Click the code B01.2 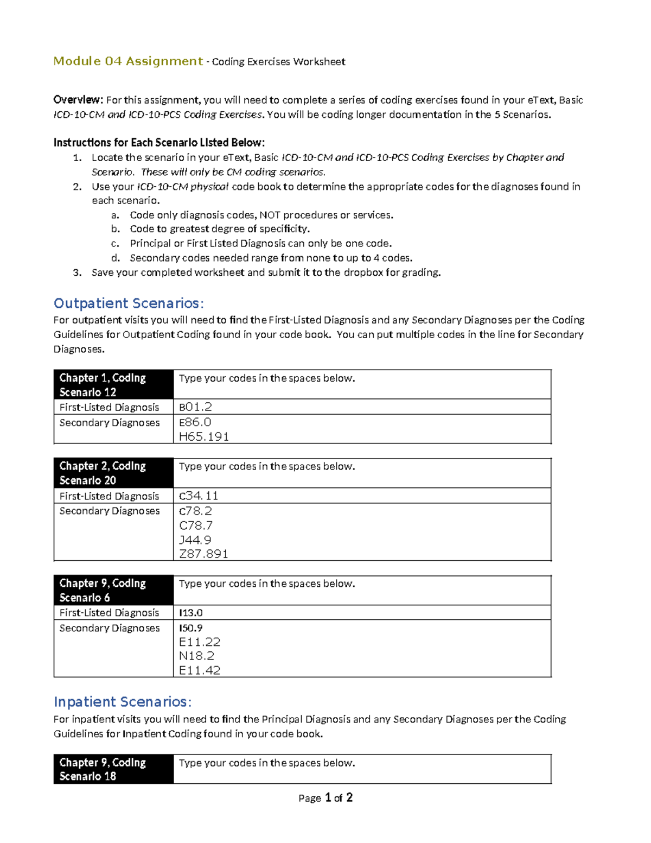pos(195,407)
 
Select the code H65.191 pos(204,437)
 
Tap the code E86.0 pos(195,422)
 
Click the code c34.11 pos(199,496)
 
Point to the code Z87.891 pos(203,554)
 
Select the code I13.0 pos(191,613)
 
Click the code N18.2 pos(196,656)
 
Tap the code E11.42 pos(200,671)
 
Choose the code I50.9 pos(191,628)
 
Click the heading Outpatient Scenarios pos(129,303)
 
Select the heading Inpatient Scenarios pos(123,702)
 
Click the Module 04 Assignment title pos(128,61)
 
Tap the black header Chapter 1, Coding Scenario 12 pos(113,385)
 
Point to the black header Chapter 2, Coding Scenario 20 pos(113,473)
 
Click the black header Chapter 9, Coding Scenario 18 pos(113,769)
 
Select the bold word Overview pos(78,100)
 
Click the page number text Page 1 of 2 pos(325,798)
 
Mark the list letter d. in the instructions pos(115,258)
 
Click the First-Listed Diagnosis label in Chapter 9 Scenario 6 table pos(109,613)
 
